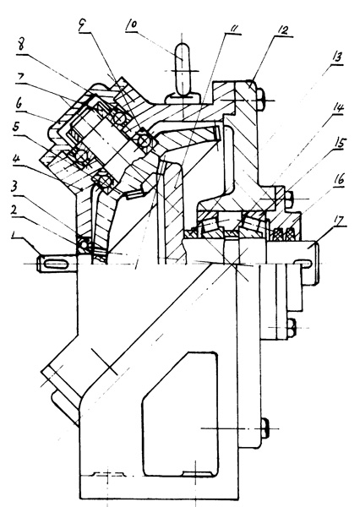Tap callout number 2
tap(14, 210)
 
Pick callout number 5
tap(16, 127)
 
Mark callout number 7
tap(20, 79)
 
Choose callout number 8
tap(20, 45)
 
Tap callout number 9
tap(83, 25)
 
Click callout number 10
tap(131, 25)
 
